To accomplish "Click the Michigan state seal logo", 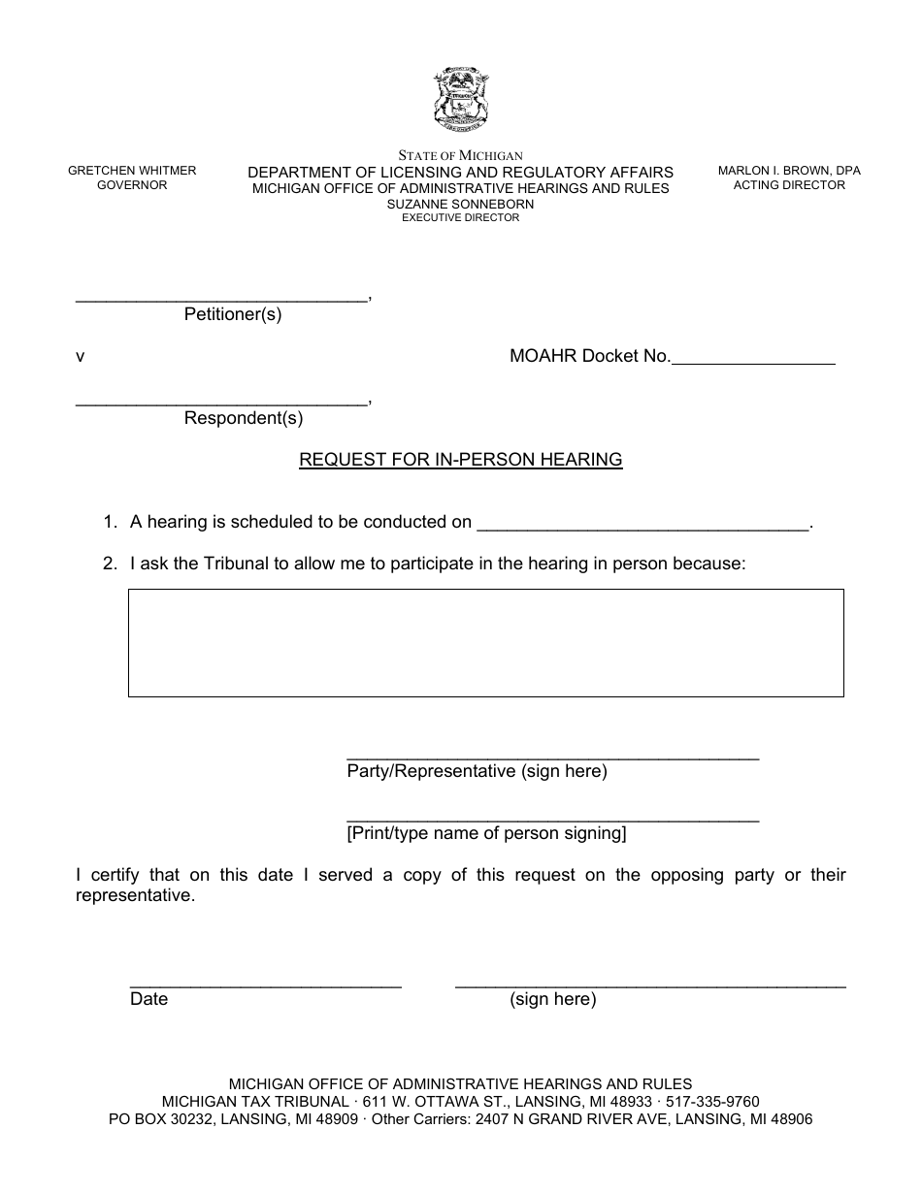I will click(461, 100).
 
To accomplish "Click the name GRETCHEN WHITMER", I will click(132, 171).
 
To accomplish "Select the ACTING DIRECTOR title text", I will click(789, 185).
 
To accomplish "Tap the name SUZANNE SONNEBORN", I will click(460, 205).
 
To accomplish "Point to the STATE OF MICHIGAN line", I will click(461, 155).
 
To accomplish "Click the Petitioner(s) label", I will click(233, 315).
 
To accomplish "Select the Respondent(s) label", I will click(244, 419).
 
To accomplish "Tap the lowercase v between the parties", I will click(81, 357).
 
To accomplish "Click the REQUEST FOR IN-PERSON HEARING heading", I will click(461, 460).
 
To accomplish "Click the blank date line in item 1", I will click(644, 525).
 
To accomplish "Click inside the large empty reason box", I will click(485, 642).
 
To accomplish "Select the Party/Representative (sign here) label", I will click(477, 772).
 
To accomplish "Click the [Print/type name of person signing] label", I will click(486, 833).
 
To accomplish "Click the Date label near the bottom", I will click(148, 1000).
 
